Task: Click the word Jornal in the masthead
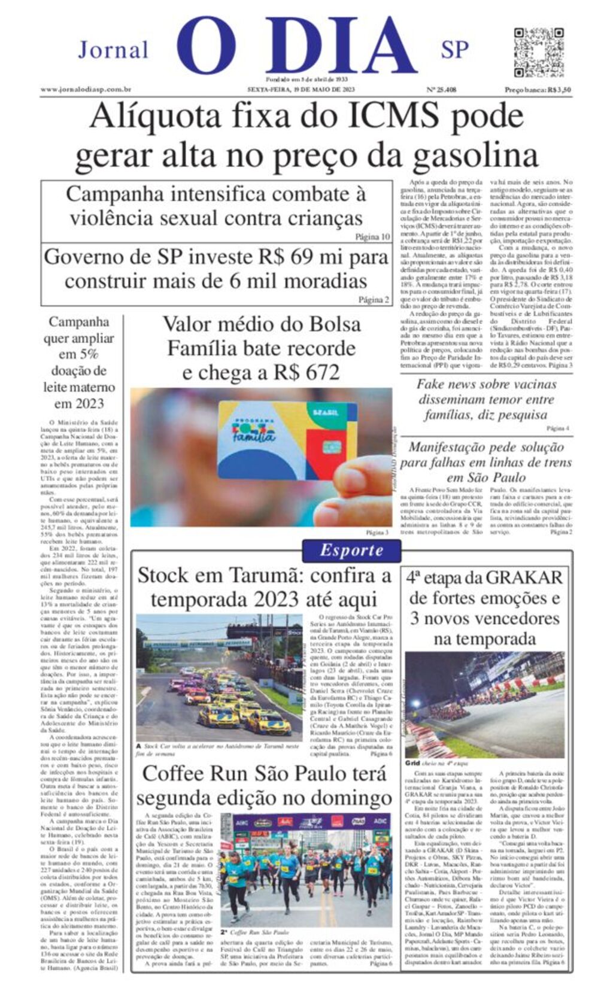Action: pos(113,50)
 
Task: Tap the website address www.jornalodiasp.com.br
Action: pos(86,90)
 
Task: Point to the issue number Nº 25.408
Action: pos(441,90)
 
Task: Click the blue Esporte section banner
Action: pos(351,550)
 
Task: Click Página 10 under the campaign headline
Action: pos(372,236)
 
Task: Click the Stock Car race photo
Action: pos(219,677)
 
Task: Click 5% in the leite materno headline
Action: pos(88,354)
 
